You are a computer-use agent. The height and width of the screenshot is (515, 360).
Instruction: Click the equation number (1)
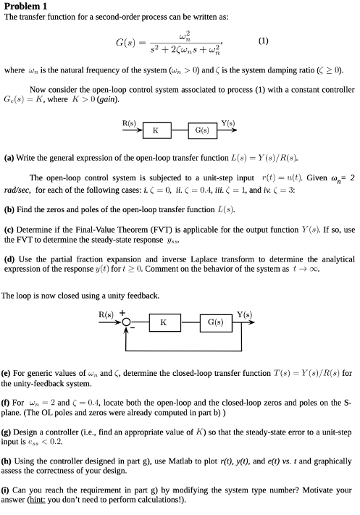coord(263,41)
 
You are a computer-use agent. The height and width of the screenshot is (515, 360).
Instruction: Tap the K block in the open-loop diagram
coord(155,130)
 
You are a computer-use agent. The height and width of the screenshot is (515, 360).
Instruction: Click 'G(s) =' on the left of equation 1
coord(133,41)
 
